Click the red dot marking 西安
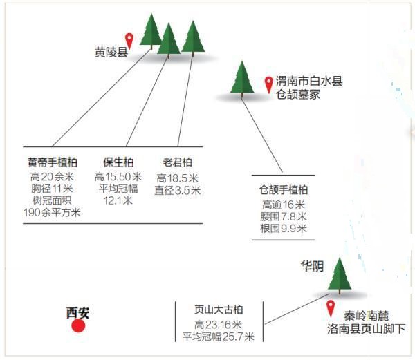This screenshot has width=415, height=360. coord(78,325)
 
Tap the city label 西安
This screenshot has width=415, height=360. coord(77,313)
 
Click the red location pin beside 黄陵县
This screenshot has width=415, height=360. coord(129,41)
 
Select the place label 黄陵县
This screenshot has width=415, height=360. coord(111,52)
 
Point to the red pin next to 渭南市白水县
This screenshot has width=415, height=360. coord(269,85)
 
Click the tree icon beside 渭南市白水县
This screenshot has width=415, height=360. coord(242,79)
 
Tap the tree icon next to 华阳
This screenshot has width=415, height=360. coord(340,276)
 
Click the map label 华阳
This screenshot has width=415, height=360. coord(313,265)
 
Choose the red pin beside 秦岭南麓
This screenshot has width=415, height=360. coord(331,308)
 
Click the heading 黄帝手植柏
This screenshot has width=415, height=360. coord(53,162)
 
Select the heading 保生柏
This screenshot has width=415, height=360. coord(118,162)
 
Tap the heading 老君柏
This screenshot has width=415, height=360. coord(177,162)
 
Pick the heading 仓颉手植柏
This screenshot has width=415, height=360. coord(283,190)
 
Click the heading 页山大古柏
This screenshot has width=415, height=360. coord(219,310)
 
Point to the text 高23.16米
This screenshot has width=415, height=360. coord(219,324)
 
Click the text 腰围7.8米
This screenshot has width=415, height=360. coord(284,216)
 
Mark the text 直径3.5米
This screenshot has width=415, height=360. coord(178,190)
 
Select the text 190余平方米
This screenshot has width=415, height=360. coord(52,213)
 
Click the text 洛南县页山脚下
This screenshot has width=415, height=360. coord(367,329)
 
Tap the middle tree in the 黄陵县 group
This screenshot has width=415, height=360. coord(169,41)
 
